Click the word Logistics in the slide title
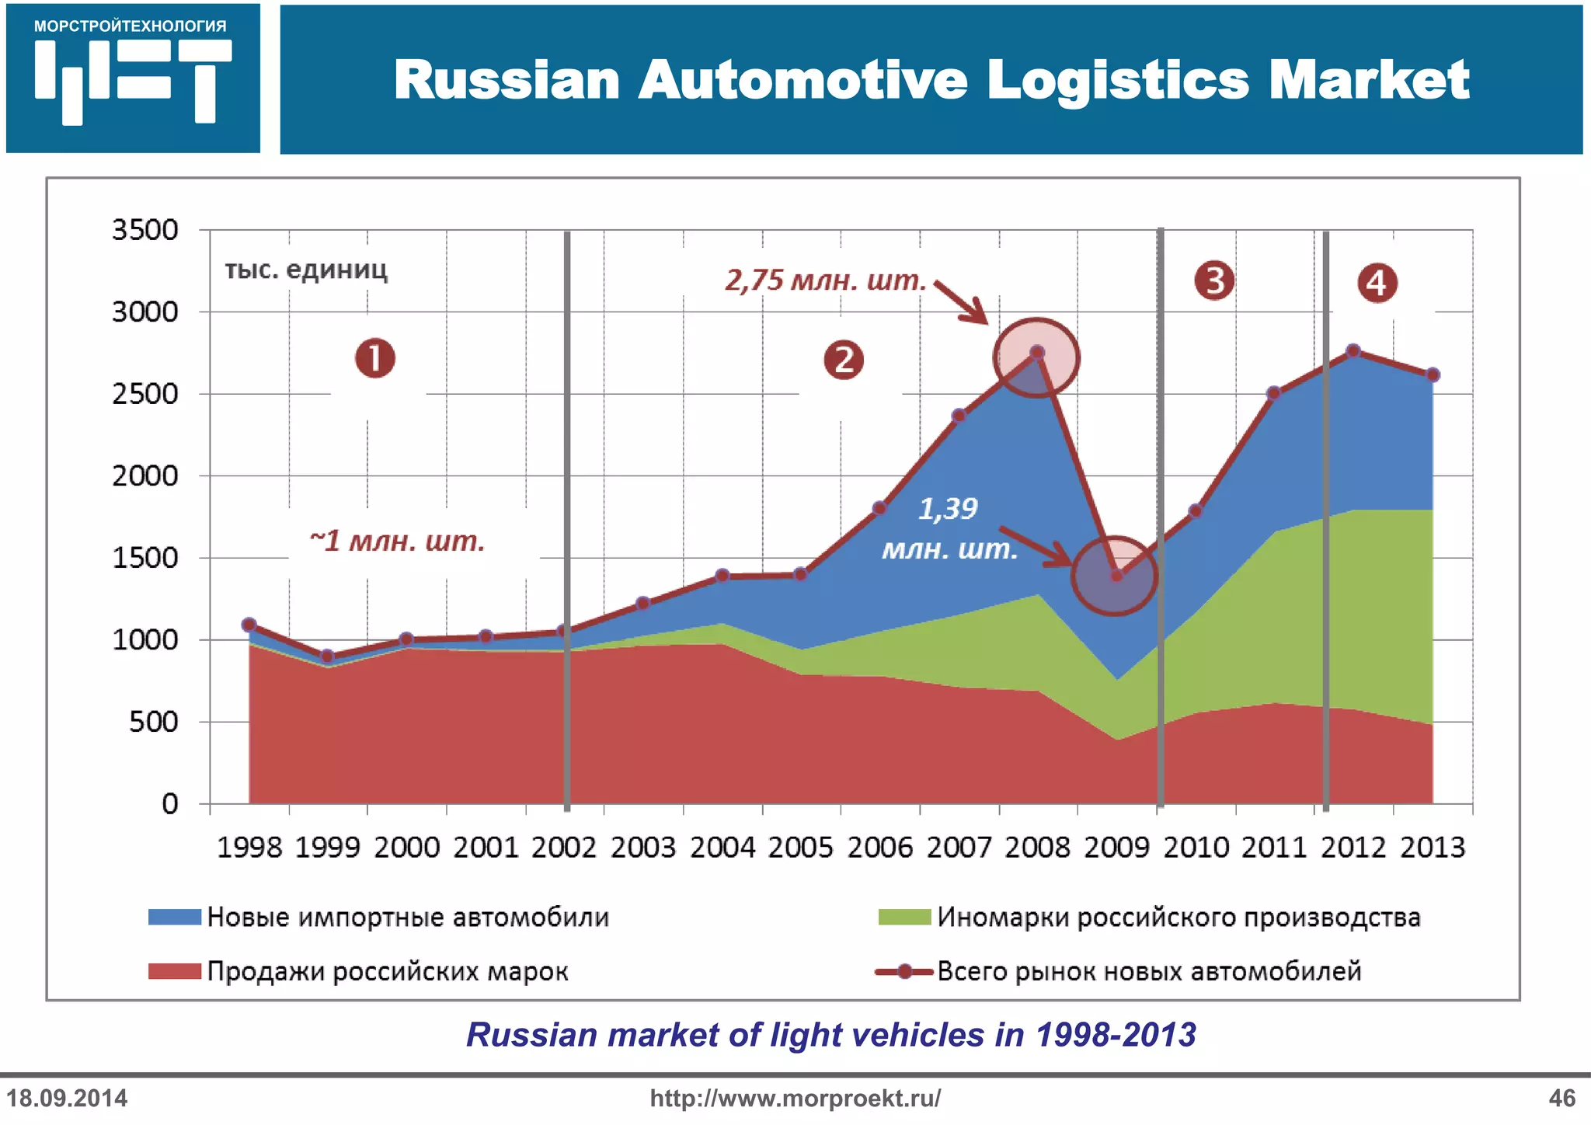pos(1119,80)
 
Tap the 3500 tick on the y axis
pos(145,230)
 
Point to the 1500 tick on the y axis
pos(145,558)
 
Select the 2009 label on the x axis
pos(1116,847)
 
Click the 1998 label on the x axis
pos(249,847)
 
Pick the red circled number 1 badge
pos(375,358)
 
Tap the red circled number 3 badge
pos(1214,280)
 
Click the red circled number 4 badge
pos(1377,283)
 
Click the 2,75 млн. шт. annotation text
pos(826,280)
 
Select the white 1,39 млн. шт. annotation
pos(949,529)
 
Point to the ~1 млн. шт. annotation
pos(396,541)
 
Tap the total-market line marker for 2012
pos(1353,351)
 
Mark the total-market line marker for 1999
pos(327,657)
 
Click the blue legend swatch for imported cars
pos(175,917)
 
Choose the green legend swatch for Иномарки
pos(904,917)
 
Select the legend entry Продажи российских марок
pos(387,971)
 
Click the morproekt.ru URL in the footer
pos(795,1098)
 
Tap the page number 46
pos(1561,1098)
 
